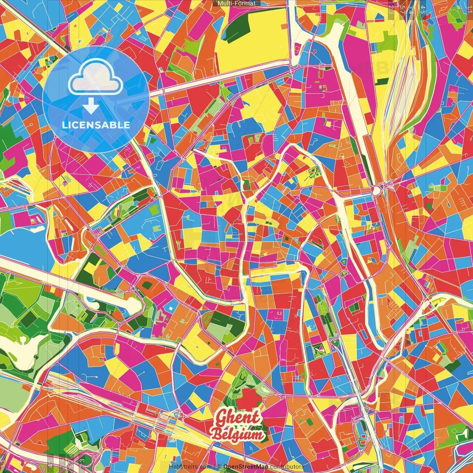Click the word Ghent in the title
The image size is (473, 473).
238,418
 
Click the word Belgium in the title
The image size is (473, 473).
238,435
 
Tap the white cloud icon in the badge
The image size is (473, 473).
96,78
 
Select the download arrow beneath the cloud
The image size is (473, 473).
91,106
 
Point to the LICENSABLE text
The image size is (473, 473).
96,125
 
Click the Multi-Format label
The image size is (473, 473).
236,3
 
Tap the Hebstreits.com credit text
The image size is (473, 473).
190,467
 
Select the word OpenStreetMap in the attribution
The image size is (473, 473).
245,467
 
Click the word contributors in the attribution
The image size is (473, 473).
287,467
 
